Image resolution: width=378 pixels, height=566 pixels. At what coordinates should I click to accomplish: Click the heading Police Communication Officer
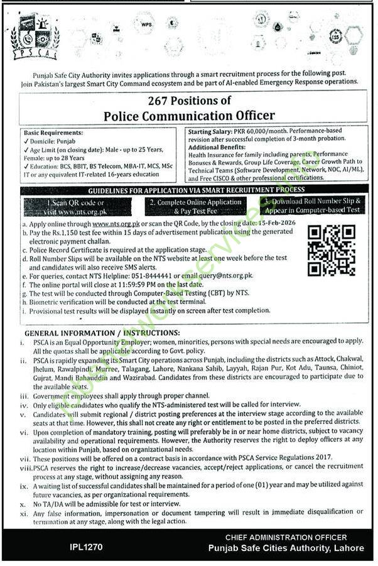point(188,115)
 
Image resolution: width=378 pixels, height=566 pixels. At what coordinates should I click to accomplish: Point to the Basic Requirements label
point(53,133)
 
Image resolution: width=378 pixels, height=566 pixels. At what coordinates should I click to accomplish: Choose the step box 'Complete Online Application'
point(196,206)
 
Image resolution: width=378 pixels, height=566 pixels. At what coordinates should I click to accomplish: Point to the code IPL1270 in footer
point(87,548)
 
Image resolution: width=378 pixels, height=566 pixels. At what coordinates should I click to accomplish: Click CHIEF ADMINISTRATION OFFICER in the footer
point(286,538)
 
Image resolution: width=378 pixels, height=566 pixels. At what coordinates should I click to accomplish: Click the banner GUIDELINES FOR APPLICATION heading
point(197,189)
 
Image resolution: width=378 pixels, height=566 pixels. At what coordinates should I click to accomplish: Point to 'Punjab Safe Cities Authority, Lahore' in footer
point(286,548)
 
